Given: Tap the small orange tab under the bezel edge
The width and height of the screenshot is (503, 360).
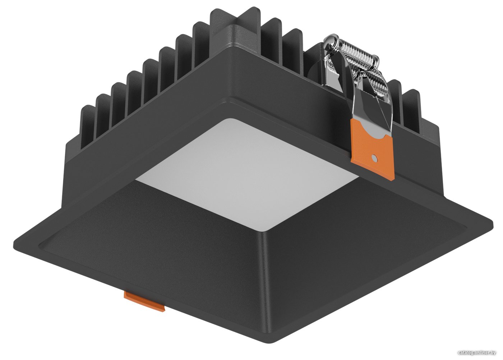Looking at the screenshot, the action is [144, 301].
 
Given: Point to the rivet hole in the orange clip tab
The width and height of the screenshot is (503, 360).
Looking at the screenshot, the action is [374, 159].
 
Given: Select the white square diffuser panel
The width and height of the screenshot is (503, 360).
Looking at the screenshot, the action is [245, 173].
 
